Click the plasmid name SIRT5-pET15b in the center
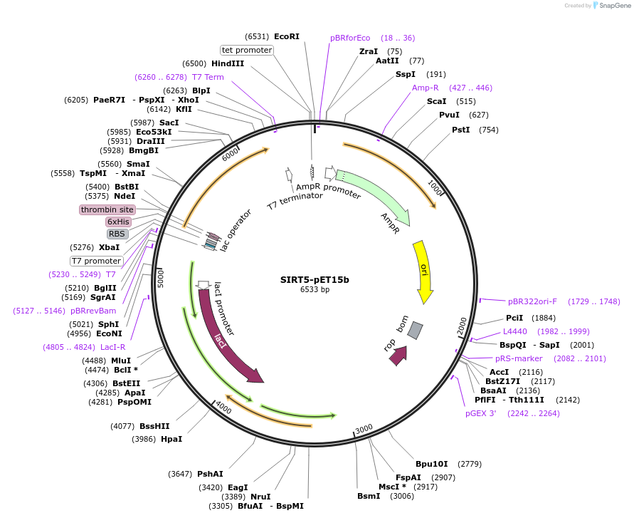[315, 279]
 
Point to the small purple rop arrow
[398, 355]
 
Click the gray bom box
[416, 330]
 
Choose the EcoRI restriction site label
[287, 36]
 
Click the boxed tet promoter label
[247, 50]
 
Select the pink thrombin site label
[107, 209]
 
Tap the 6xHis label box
[118, 222]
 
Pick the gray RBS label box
[117, 234]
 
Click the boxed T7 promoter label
[96, 261]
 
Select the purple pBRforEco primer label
[350, 38]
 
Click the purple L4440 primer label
[515, 331]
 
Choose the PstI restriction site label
[461, 130]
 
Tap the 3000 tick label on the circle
[364, 428]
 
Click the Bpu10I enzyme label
[432, 464]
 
